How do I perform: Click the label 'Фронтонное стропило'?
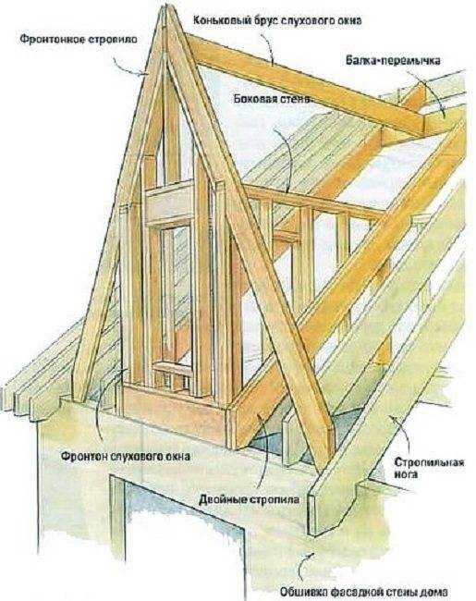(79, 40)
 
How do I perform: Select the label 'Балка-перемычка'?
(393, 60)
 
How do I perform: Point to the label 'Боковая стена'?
(272, 99)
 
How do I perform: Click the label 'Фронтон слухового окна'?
(126, 457)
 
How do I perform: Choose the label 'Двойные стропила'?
(250, 500)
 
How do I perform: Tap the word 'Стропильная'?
(429, 461)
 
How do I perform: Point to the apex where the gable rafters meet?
(165, 6)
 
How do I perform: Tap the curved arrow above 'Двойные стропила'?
(265, 452)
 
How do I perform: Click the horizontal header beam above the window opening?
(168, 202)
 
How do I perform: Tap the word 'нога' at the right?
(406, 474)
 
